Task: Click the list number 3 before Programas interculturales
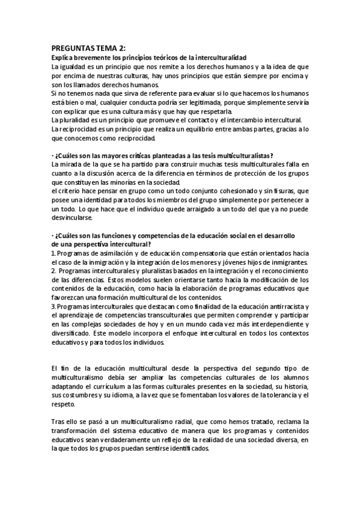[x=53, y=306]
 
